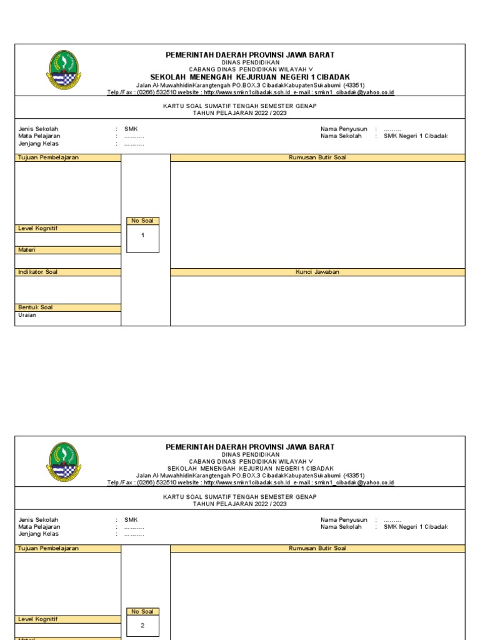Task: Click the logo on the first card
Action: [64, 70]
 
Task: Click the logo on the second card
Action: [64, 461]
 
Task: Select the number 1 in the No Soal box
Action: [142, 236]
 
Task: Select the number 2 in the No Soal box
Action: [142, 626]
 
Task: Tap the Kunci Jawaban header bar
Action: [317, 272]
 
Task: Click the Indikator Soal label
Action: [38, 272]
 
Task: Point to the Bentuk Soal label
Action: [36, 307]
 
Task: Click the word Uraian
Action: [27, 315]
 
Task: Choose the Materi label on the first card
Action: [27, 250]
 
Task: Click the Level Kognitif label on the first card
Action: [38, 229]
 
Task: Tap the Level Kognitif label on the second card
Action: [38, 619]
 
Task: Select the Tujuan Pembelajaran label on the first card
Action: [49, 158]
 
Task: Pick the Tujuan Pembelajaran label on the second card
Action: [49, 548]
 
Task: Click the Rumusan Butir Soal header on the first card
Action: [317, 158]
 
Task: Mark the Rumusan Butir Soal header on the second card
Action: [317, 548]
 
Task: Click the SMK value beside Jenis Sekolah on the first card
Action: [131, 129]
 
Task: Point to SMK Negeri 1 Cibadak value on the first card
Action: [416, 136]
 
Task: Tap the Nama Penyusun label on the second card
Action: [344, 519]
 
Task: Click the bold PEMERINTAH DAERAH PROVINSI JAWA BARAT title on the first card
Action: [250, 56]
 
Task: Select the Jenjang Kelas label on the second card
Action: [39, 534]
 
